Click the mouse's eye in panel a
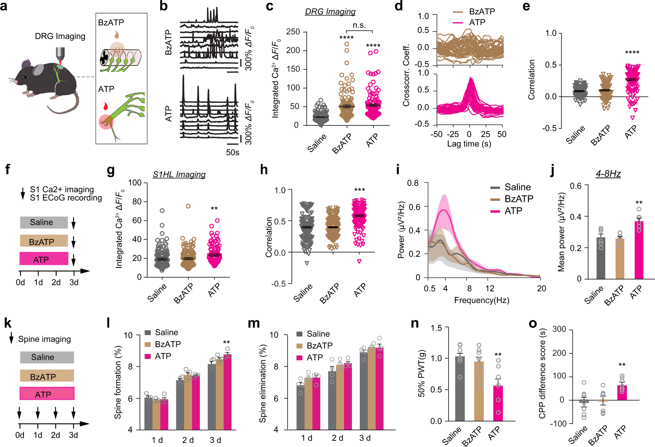tap(25, 77)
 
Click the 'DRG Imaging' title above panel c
tap(330, 12)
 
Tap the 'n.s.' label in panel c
tap(359, 25)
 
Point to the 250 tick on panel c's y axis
tap(293, 32)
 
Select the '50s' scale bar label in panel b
tap(233, 153)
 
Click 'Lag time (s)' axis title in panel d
tap(469, 144)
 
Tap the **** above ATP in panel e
tap(632, 53)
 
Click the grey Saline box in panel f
tap(44, 222)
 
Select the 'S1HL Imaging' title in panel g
tap(179, 175)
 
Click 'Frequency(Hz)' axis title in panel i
tap(481, 300)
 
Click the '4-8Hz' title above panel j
tap(608, 174)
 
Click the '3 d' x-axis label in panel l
tap(215, 440)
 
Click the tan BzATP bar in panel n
tap(479, 391)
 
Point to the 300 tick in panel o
tap(559, 329)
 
